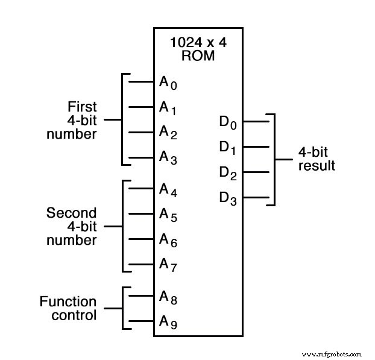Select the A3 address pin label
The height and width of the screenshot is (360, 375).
168,158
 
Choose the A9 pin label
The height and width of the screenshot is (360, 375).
168,322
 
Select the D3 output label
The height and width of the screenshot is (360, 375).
227,198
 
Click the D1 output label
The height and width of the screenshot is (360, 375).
227,147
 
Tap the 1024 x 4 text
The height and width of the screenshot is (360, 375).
198,44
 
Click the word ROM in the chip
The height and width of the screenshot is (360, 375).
198,56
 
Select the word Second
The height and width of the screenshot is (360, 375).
71,213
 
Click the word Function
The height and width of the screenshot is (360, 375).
68,301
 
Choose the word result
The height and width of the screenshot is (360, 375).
317,165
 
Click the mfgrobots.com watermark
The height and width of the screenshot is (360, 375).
332,354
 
